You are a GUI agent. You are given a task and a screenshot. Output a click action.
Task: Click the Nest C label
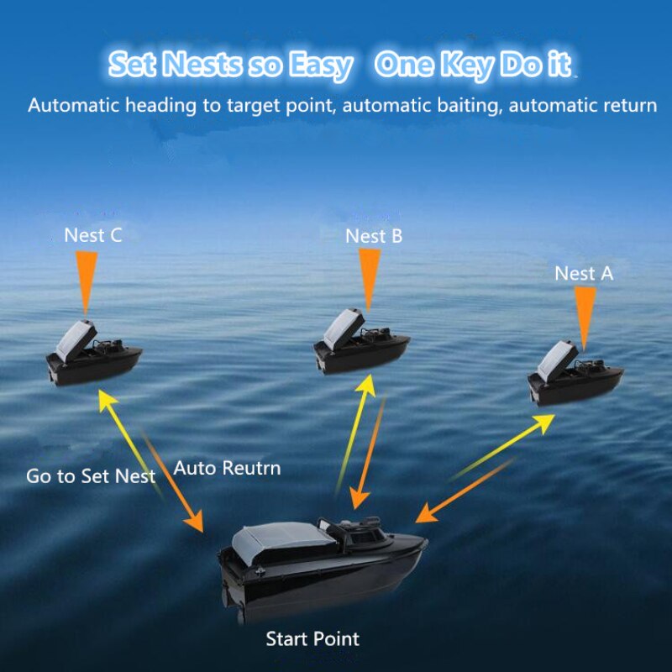coord(93,235)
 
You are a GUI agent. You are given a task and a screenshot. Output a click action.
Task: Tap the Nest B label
coord(374,236)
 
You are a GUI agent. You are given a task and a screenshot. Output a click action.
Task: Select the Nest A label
coord(584,274)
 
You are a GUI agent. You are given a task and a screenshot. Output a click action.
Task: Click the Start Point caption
coord(312,639)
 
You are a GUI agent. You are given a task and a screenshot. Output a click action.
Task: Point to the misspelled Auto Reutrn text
coord(227,468)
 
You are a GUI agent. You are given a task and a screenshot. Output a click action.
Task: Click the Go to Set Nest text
coord(91,476)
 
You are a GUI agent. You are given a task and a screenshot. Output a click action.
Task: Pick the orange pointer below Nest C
coord(87,283)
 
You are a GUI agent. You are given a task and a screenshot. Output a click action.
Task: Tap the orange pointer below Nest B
coord(370,280)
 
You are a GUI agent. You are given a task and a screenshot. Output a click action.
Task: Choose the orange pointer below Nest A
coord(585,318)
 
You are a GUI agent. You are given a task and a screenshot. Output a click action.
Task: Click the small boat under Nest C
coord(94,354)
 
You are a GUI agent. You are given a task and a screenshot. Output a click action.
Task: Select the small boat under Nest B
coord(361,342)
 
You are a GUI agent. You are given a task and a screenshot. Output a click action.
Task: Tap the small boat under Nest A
coord(575,374)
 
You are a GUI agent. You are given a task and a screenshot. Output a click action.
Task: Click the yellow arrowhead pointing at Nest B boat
coord(366,386)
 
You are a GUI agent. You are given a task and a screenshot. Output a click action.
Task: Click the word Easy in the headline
coord(321,66)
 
